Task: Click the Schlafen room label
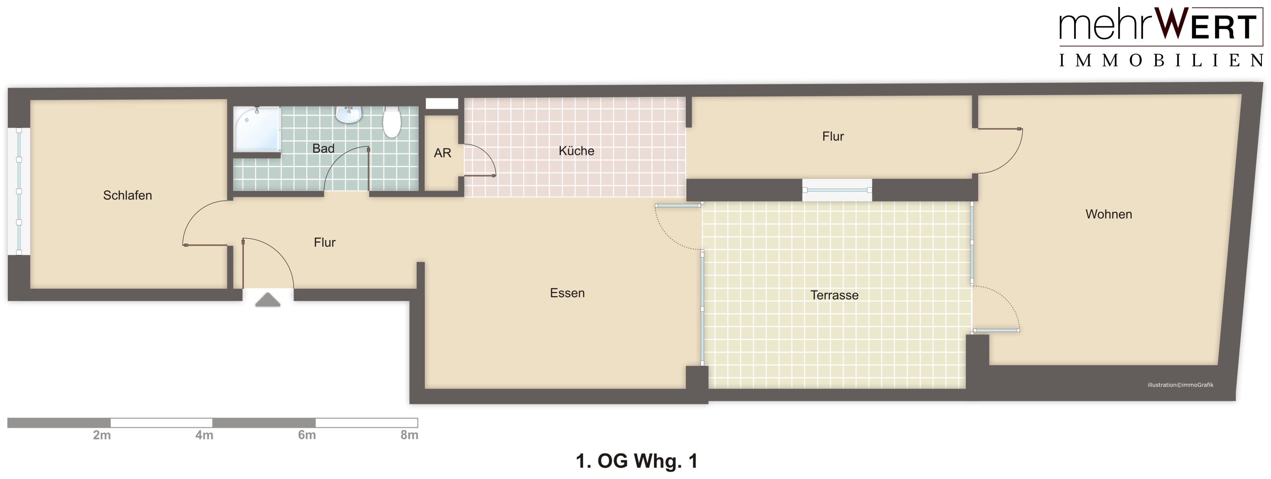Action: click(127, 195)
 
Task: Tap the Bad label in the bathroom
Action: click(323, 149)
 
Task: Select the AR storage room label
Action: click(443, 153)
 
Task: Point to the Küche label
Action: click(576, 151)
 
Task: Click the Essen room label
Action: click(567, 293)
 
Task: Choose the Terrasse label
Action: click(834, 295)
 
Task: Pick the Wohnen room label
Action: click(1109, 215)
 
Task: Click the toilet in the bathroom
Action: click(392, 122)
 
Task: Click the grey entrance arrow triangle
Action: click(268, 300)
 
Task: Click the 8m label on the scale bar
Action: click(410, 435)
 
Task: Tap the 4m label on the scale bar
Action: click(204, 435)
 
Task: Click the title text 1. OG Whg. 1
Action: click(637, 461)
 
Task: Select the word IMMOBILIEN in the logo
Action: click(1161, 61)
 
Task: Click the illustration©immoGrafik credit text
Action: click(1180, 385)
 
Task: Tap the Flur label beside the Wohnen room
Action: click(833, 136)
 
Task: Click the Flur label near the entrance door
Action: click(324, 242)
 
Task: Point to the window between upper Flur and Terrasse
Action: click(837, 190)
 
